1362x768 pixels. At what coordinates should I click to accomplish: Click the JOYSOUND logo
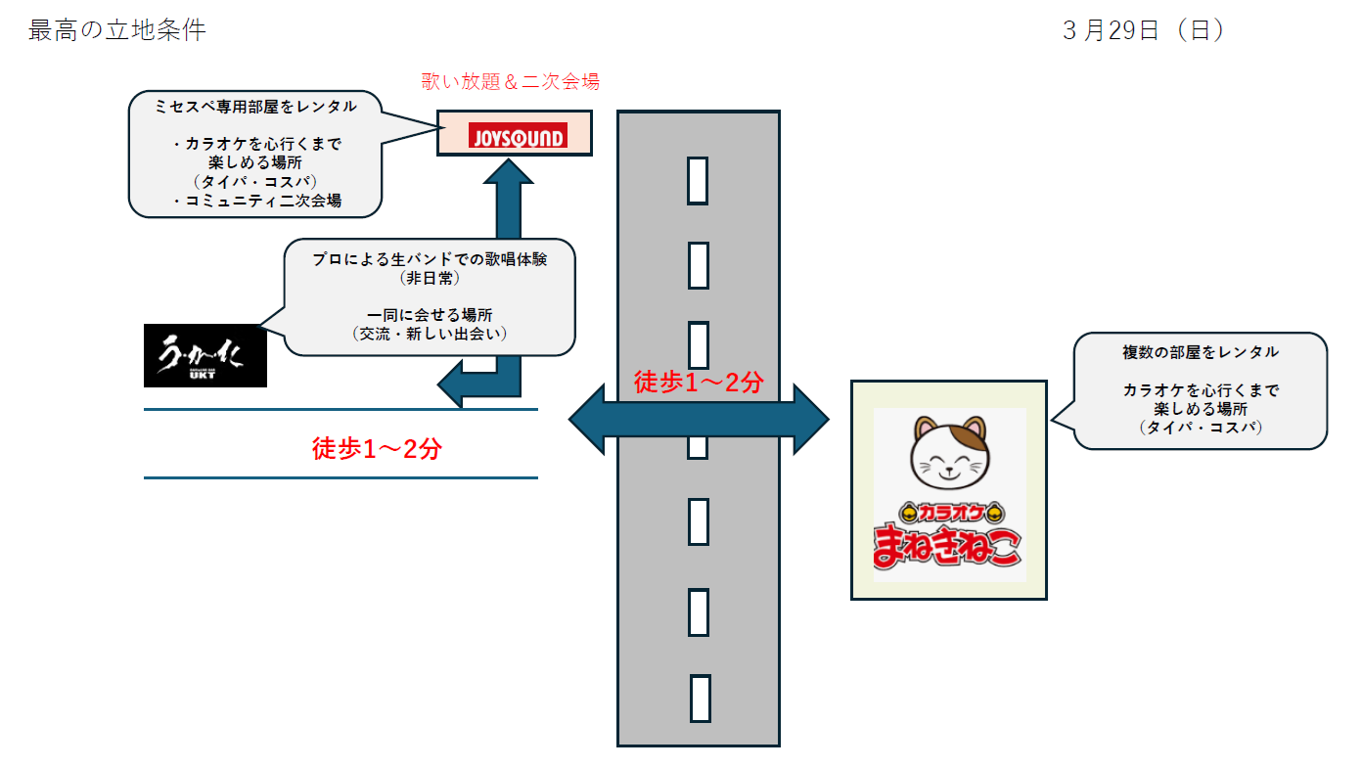(x=517, y=135)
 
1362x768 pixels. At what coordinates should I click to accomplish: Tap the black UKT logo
(x=205, y=355)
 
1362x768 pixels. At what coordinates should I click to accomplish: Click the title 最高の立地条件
(x=117, y=30)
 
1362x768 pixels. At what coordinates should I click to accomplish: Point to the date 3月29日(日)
(x=1144, y=30)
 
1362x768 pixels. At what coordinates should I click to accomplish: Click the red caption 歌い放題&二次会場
(x=510, y=82)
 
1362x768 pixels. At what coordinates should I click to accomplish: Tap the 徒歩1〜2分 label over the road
(x=698, y=383)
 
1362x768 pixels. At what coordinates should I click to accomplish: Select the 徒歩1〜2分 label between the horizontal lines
(x=377, y=449)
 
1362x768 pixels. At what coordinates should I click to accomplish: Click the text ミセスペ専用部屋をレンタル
(x=255, y=107)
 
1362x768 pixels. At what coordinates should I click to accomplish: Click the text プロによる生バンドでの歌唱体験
(x=430, y=259)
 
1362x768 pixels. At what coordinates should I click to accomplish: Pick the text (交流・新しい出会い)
(x=430, y=334)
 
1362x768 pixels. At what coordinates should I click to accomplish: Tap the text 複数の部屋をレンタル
(x=1201, y=351)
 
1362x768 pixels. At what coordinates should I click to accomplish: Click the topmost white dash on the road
(x=698, y=180)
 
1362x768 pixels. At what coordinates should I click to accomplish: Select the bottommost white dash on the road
(x=698, y=698)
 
